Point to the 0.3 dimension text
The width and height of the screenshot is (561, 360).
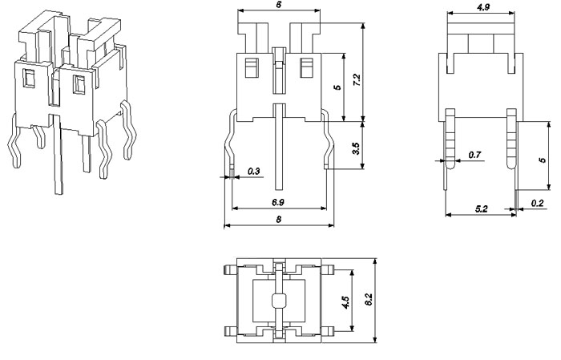pyautogui.click(x=254, y=171)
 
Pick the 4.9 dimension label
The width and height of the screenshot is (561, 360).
pyautogui.click(x=483, y=7)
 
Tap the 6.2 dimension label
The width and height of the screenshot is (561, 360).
pyautogui.click(x=368, y=301)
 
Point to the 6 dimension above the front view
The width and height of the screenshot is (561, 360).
pyautogui.click(x=277, y=5)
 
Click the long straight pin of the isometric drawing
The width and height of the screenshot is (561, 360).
pyautogui.click(x=59, y=156)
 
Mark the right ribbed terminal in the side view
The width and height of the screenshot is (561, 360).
pyautogui.click(x=511, y=140)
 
